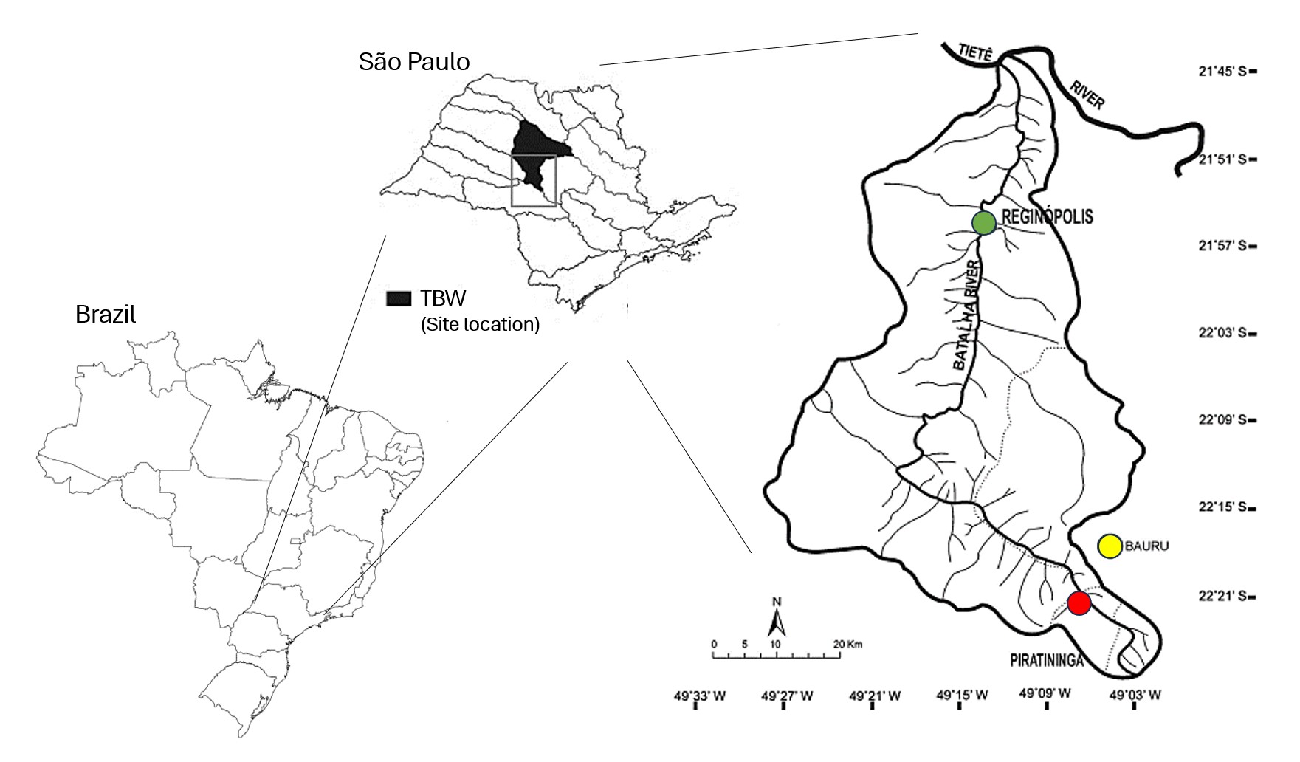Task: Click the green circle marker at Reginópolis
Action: [x=983, y=222]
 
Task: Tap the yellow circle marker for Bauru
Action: [x=1110, y=546]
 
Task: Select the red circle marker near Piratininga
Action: [x=1079, y=603]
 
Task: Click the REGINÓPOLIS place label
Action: [x=1047, y=217]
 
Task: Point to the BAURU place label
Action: [x=1147, y=546]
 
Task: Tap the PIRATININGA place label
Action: [x=1046, y=661]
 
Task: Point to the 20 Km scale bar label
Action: [x=847, y=644]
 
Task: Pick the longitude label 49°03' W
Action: [x=1135, y=695]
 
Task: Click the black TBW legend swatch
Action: [x=399, y=298]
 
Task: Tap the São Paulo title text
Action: [x=414, y=62]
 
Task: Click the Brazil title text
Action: [x=106, y=315]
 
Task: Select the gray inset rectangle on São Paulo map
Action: [x=533, y=180]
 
